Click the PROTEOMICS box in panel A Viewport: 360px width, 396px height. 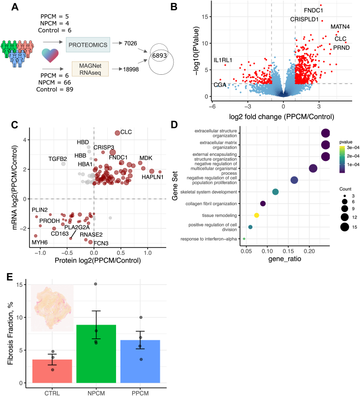[x=88, y=45]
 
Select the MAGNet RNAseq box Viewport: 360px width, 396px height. [x=90, y=69]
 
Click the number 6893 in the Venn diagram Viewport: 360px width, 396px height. [x=159, y=55]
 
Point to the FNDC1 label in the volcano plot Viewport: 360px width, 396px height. [x=313, y=10]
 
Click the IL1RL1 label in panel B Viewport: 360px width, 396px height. [x=223, y=60]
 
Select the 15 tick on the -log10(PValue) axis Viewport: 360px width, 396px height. [x=205, y=17]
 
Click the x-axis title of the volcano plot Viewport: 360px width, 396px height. [x=281, y=117]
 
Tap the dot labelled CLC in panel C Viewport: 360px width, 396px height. [x=118, y=133]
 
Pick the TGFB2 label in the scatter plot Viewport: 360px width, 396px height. [x=58, y=159]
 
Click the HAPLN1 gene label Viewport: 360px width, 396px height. [x=152, y=177]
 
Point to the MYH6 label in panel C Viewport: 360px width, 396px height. [x=40, y=243]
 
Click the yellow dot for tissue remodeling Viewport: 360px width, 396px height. [x=257, y=215]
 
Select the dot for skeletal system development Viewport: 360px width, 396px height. [x=275, y=192]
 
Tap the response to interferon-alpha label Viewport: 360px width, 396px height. [x=209, y=239]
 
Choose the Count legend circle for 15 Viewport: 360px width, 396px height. [x=345, y=227]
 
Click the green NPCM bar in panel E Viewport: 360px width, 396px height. [x=96, y=354]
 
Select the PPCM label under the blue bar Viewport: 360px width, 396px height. [x=140, y=393]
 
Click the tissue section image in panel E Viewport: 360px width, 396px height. [x=52, y=308]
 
